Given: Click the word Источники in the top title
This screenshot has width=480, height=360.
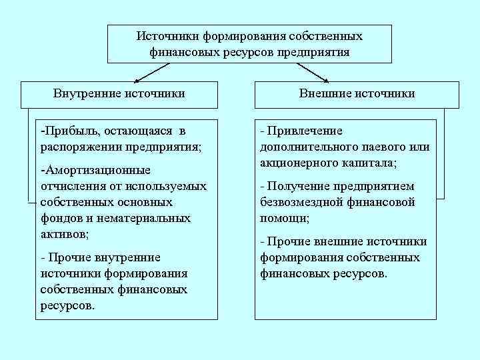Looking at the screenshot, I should (167, 35).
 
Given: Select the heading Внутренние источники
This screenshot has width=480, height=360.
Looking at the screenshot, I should (119, 93).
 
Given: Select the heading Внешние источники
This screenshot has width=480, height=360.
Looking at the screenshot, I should (357, 93).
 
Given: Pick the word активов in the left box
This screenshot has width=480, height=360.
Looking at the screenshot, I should (63, 234).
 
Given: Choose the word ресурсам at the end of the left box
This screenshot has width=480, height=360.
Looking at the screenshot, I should (66, 306).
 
